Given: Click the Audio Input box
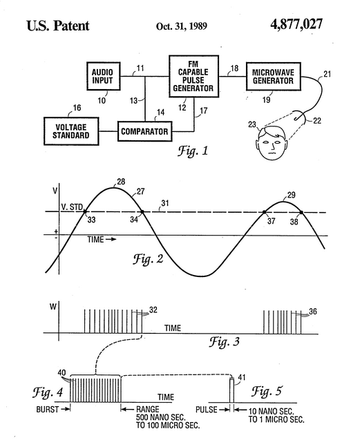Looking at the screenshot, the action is point(103,76).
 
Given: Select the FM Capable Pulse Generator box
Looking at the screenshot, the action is point(193,76).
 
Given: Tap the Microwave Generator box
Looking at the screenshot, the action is point(273,77).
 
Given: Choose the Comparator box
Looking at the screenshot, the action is point(145,131).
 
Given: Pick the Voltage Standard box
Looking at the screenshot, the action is point(71,131).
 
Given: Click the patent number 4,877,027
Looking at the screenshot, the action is point(296,24).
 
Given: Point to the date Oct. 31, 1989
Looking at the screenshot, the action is point(181,26).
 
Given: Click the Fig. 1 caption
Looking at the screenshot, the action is point(193,150).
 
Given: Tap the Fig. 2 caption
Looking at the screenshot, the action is point(149,259).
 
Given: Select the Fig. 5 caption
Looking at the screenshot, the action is point(267,391).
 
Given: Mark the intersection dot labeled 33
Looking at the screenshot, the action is point(85,211).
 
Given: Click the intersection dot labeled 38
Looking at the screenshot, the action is point(301,212).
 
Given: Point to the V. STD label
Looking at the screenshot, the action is point(72,207).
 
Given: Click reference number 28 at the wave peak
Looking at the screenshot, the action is point(121,182).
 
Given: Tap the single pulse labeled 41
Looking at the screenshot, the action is point(231,390).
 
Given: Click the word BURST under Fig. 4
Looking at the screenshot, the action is point(47,410).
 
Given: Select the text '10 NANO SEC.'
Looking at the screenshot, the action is point(271,411).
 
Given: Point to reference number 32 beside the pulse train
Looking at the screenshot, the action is point(153,310).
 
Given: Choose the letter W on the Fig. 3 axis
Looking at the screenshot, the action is point(53,307).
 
